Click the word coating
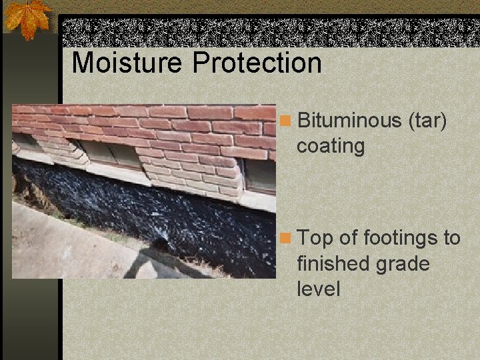pos(331,146)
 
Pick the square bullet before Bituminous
pos(285,121)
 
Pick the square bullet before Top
pos(285,239)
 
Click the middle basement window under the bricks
pos(110,154)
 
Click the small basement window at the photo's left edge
pos(25,142)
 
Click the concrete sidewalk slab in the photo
pos(60,247)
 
